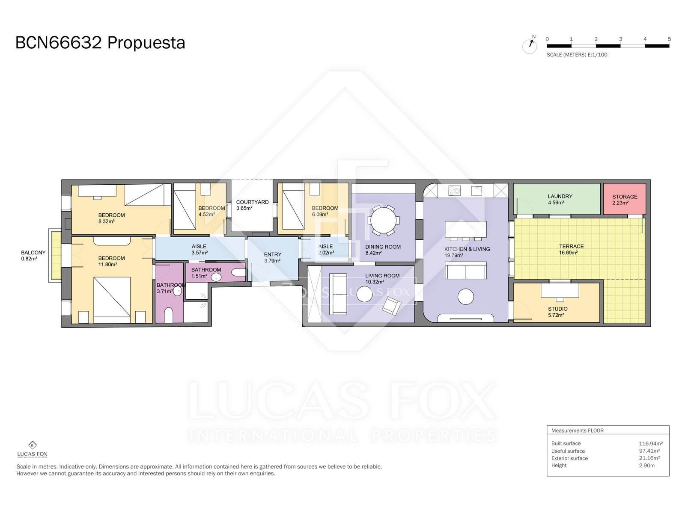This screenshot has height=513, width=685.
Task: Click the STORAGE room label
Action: tap(625, 197)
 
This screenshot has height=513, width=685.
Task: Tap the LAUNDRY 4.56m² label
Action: tap(560, 199)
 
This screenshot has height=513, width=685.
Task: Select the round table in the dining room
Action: tap(383, 220)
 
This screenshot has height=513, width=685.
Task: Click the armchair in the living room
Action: tap(391, 306)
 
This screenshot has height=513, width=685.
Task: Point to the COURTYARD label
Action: tap(252, 202)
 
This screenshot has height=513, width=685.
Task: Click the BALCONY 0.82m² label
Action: tap(33, 255)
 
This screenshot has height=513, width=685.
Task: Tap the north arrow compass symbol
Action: tap(530, 46)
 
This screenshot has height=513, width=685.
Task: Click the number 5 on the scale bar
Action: tap(669, 39)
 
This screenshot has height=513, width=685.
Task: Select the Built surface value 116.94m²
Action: tap(651, 443)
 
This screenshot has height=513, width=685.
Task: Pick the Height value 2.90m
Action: tap(646, 466)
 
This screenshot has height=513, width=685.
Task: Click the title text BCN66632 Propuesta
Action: tap(100, 43)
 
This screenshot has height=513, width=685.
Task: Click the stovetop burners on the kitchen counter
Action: tap(454, 190)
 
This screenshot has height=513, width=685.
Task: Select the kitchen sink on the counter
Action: tap(476, 190)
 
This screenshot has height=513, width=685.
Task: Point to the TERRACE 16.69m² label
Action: tap(571, 249)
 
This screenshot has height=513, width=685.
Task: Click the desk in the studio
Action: tap(560, 290)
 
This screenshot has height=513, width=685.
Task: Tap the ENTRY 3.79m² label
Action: tap(272, 258)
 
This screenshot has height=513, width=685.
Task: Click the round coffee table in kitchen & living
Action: tap(466, 297)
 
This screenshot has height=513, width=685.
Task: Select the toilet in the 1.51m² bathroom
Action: tap(239, 273)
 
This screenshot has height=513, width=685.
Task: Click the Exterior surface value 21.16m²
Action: tap(649, 458)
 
